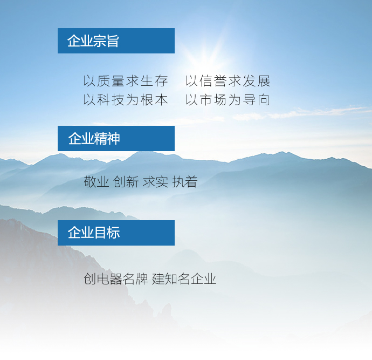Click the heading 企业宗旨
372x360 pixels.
click(93, 41)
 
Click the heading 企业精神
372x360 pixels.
click(94, 139)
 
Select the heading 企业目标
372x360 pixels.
click(94, 232)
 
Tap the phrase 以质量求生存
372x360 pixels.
click(126, 81)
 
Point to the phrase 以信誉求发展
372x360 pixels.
click(228, 81)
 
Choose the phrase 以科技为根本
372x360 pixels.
click(126, 100)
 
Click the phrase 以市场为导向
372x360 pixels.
click(228, 100)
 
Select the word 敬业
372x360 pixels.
click(97, 182)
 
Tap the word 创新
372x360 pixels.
click(126, 182)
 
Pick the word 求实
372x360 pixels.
click(155, 182)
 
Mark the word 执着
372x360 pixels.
click(185, 182)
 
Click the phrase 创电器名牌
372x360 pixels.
click(116, 279)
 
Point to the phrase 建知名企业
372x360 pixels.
click(184, 279)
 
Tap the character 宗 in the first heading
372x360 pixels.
click(99, 41)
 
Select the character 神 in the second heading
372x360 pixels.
click(113, 139)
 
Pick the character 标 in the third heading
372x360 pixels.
click(113, 232)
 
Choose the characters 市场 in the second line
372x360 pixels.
click(213, 100)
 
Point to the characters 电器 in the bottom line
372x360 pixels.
click(109, 279)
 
